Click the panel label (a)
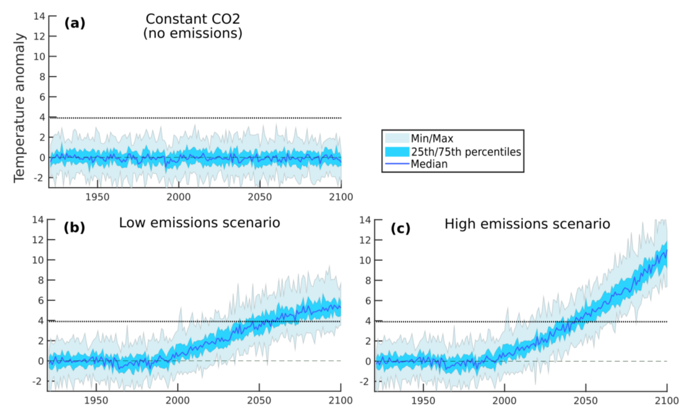[x=75, y=24]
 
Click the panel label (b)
[x=75, y=228]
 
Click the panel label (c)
[x=401, y=228]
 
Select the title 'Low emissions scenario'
[x=199, y=223]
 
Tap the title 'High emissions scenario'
[x=527, y=224]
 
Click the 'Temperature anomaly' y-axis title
[x=19, y=108]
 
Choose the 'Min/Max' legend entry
[x=431, y=138]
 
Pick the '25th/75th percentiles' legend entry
[x=465, y=151]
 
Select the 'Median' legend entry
[x=428, y=164]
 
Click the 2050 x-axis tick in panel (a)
[x=259, y=197]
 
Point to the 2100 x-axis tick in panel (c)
[x=666, y=400]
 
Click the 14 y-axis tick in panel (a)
[x=39, y=16]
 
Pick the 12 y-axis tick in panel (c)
[x=366, y=239]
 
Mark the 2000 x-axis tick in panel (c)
[x=504, y=400]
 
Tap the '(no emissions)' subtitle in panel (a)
[x=192, y=34]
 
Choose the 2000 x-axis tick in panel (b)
[x=178, y=400]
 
